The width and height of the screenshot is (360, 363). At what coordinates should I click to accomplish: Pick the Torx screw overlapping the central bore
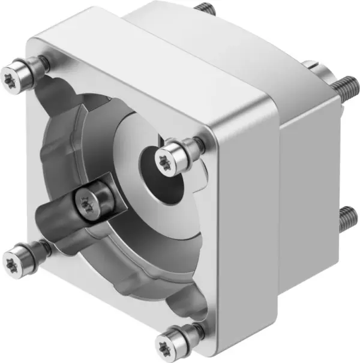pyautogui.click(x=166, y=158)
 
